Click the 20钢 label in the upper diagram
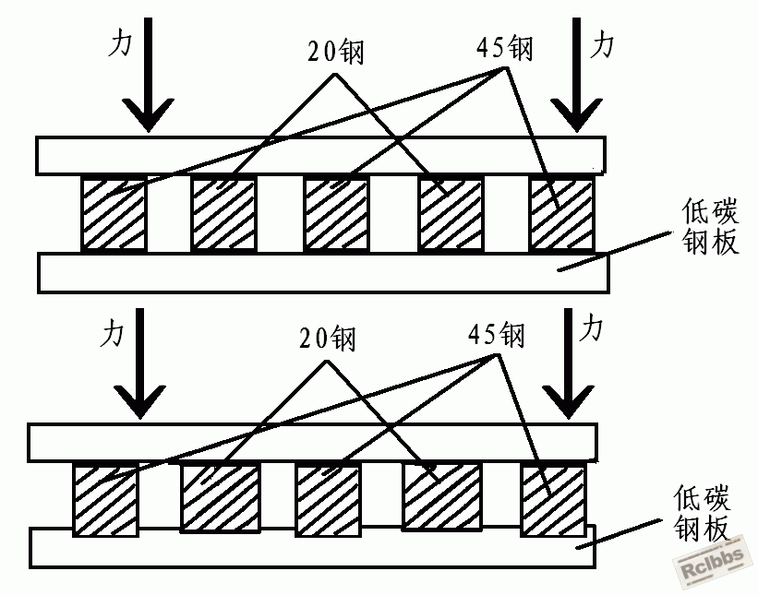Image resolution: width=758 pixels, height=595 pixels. coord(335,51)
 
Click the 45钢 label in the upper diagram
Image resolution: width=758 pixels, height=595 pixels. coord(505,48)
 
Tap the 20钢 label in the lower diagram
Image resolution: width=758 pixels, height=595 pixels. coord(327,337)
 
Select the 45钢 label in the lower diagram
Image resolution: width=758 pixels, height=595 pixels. coord(497,334)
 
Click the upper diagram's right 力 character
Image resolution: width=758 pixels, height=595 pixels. coord(602,44)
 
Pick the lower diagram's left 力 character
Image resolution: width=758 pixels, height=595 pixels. coord(112,333)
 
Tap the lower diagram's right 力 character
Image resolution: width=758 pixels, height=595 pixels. coord(591,327)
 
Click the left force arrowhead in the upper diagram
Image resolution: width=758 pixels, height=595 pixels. coord(148,115)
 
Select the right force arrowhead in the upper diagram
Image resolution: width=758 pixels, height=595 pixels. coord(576,115)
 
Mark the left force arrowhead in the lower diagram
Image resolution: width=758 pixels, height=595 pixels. coord(140,402)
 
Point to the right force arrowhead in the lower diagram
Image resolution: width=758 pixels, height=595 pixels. coord(569,402)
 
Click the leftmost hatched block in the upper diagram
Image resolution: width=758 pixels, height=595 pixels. coord(114,214)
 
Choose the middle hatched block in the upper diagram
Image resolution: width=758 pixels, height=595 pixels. coord(336,214)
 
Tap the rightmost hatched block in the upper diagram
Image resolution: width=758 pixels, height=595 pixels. coord(561,214)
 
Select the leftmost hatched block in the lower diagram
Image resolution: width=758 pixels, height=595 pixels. coord(106,499)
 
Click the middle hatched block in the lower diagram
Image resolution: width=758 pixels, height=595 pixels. coord(329,500)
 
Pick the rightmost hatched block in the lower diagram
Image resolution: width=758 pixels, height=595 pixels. coord(554,500)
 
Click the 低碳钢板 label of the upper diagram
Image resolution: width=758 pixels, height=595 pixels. coord(711,226)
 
